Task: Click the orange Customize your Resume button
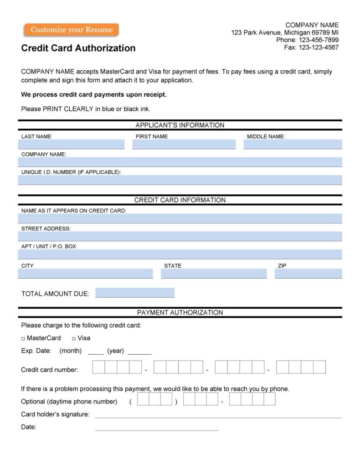(72, 30)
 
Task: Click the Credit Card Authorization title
(78, 48)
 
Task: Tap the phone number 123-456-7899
(319, 40)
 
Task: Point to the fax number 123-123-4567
(319, 47)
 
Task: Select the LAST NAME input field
(71, 145)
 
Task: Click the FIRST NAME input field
(184, 145)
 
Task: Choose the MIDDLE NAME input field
(293, 145)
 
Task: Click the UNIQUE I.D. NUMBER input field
(180, 180)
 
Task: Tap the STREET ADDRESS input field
(180, 236)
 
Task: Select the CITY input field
(86, 274)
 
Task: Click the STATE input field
(214, 274)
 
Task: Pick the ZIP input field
(308, 274)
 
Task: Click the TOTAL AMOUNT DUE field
(135, 293)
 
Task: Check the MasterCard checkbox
(23, 339)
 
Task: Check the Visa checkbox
(74, 339)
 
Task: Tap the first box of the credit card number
(98, 367)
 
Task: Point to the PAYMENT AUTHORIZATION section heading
(180, 313)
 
